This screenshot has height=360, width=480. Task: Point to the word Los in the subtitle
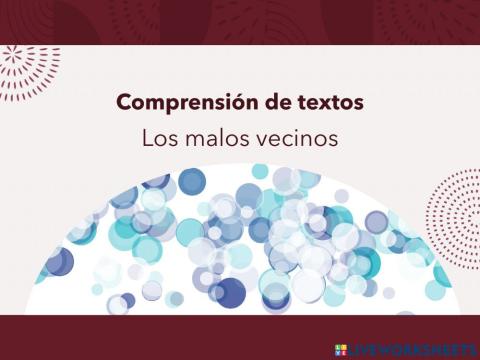point(158,138)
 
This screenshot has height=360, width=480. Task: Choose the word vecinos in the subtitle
point(292,138)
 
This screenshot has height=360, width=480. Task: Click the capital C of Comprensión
point(124,103)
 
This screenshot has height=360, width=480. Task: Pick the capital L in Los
point(146,138)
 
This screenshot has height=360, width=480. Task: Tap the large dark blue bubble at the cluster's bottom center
point(231,293)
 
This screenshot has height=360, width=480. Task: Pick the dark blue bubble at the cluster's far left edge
point(58,262)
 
